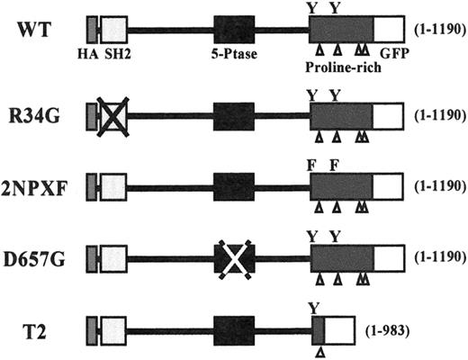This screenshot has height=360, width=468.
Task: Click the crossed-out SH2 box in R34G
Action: [x=113, y=117]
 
